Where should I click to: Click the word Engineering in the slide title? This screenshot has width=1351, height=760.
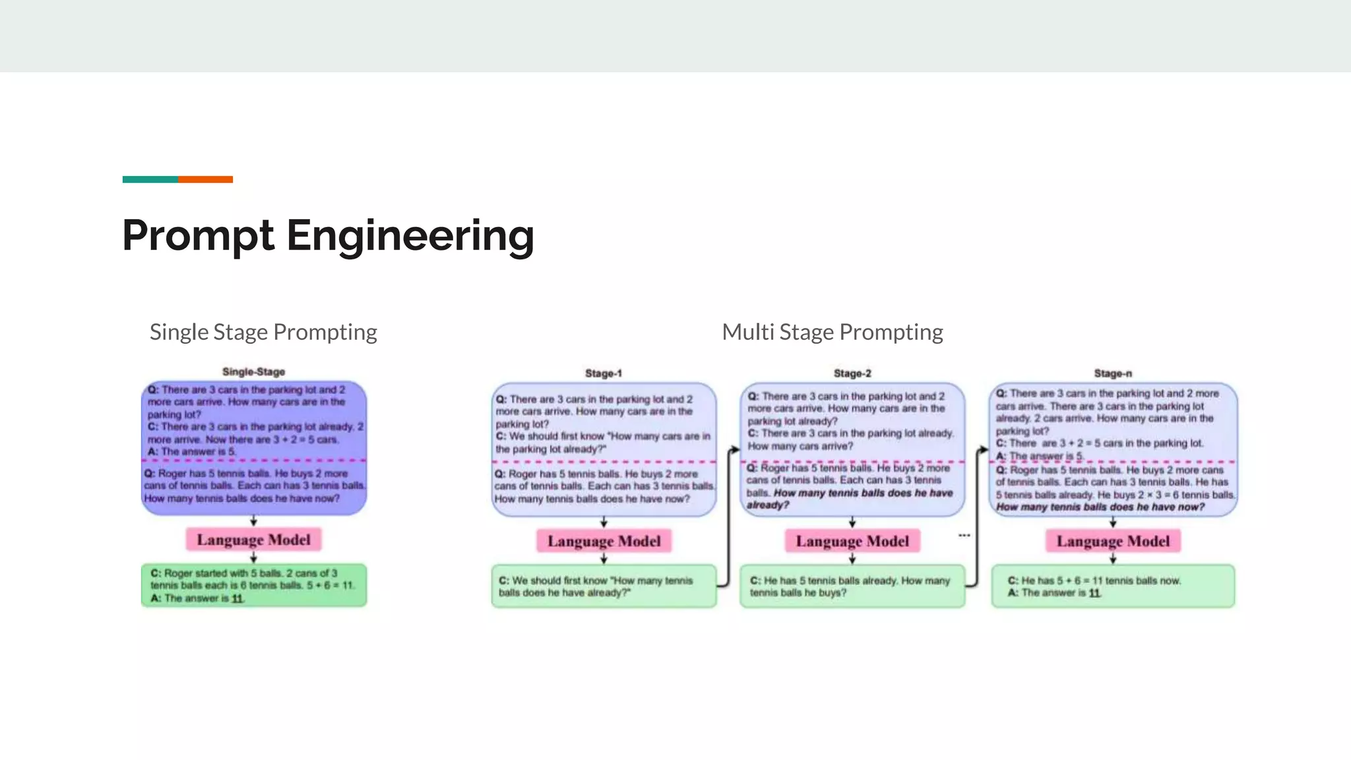[410, 236]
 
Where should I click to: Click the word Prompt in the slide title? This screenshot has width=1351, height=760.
[198, 236]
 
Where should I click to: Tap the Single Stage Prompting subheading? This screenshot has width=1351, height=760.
[263, 332]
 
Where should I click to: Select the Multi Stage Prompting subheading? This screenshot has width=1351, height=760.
[833, 332]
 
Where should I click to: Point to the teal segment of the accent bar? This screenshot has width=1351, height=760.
[150, 179]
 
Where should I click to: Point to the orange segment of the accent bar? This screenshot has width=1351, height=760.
[205, 179]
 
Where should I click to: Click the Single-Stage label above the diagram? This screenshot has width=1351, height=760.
[253, 372]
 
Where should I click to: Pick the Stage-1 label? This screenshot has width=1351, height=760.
[604, 373]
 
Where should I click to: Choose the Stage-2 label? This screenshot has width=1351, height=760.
[852, 373]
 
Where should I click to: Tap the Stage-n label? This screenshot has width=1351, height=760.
[1113, 373]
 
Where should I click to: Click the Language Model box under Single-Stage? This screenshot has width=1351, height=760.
[253, 540]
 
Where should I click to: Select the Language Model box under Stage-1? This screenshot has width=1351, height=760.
[604, 541]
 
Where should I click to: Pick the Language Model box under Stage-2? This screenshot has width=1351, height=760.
[852, 541]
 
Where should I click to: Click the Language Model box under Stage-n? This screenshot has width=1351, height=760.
[1113, 541]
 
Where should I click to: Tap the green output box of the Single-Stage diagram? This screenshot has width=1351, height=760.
[254, 585]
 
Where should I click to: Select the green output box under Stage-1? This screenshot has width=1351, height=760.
[604, 586]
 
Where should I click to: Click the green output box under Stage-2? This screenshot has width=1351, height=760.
[852, 586]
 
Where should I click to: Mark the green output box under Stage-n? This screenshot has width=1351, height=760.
[1113, 586]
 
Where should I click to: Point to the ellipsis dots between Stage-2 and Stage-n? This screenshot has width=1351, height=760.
[964, 535]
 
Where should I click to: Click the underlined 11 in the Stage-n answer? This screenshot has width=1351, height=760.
[1094, 593]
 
